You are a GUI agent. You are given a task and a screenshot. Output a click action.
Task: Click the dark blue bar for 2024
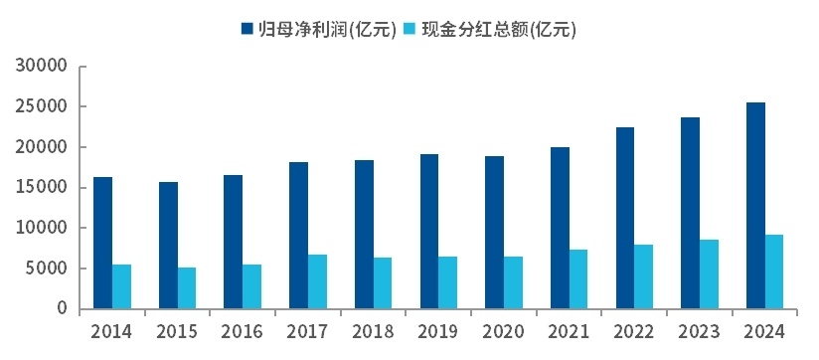coord(755,206)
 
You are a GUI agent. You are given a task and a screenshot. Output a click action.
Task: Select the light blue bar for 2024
coord(774,271)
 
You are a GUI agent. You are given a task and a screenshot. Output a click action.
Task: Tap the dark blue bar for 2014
coord(102,243)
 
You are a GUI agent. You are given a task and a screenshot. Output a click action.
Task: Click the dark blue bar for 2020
coord(494,232)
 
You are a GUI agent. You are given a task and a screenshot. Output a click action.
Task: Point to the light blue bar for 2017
coord(317,281)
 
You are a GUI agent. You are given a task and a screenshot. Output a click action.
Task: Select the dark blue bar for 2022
coord(624,218)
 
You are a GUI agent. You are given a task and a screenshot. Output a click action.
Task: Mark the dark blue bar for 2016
coord(233,242)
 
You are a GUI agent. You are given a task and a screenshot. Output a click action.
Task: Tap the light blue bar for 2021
coord(578,278)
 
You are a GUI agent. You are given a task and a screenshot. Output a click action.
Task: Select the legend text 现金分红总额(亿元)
coord(499,29)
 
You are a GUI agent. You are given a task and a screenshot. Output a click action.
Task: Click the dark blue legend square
coord(246,29)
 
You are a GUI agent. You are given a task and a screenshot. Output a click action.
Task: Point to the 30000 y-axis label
coord(42,67)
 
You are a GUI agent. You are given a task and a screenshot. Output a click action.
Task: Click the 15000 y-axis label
coord(42,188)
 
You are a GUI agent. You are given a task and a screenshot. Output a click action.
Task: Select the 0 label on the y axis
coord(62,309)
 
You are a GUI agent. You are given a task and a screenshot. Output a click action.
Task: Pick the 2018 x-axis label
coord(373,332)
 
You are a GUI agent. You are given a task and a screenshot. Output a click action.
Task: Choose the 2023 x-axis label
coord(699,332)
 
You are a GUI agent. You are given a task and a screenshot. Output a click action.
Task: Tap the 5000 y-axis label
coord(47,269)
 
